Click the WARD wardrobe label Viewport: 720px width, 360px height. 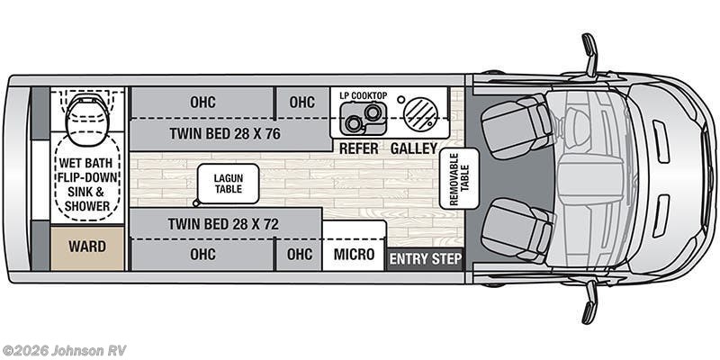coord(87,247)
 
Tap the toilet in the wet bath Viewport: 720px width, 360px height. coord(87,112)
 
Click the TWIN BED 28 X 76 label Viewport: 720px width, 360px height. coord(225,133)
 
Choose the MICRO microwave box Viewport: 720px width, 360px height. coord(354,255)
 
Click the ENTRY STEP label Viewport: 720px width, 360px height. coord(425,260)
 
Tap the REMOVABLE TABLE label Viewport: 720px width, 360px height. coord(458,179)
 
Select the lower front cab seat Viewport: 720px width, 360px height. coord(516,231)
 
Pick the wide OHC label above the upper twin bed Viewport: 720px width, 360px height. coord(202,103)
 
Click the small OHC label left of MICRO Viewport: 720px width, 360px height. coord(300,255)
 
